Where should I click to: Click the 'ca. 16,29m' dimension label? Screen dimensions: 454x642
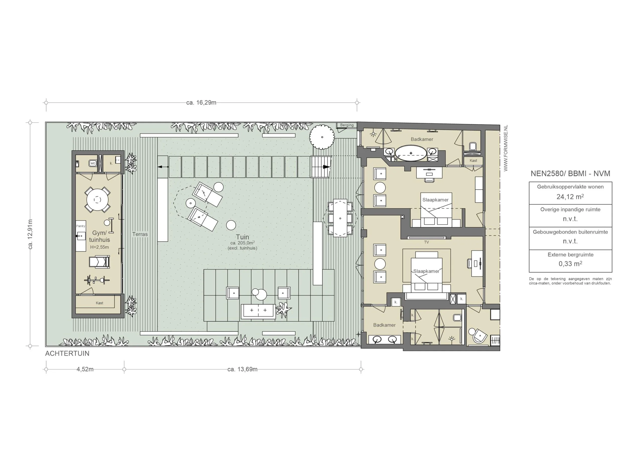coord(201,103)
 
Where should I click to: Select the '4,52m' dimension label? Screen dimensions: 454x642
coord(85,369)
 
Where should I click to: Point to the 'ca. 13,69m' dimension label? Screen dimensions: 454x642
coord(242,369)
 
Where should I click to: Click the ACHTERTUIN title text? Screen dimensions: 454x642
coord(67,354)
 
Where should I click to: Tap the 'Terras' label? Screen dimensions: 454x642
coord(140,234)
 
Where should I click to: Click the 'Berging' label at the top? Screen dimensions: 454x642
coord(347,125)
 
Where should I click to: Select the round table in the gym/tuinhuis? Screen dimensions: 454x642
coord(97,200)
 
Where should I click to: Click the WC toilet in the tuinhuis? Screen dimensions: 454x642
coord(93,163)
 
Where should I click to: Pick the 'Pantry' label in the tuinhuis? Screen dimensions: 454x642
coord(81,226)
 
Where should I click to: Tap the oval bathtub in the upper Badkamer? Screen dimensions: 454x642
coord(411,153)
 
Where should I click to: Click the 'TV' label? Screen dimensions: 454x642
coord(426,242)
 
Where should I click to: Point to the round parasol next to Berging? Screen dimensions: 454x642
coord(322,137)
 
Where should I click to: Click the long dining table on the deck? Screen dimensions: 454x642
coord(340,218)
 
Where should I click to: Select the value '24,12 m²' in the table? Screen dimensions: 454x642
coord(570,197)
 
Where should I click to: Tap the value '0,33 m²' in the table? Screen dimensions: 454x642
coord(570,264)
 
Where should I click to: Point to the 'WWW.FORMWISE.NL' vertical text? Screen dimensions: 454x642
coord(505,148)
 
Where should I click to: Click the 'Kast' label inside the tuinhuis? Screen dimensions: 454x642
coord(99,303)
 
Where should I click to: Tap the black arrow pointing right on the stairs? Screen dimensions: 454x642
coord(326,167)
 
